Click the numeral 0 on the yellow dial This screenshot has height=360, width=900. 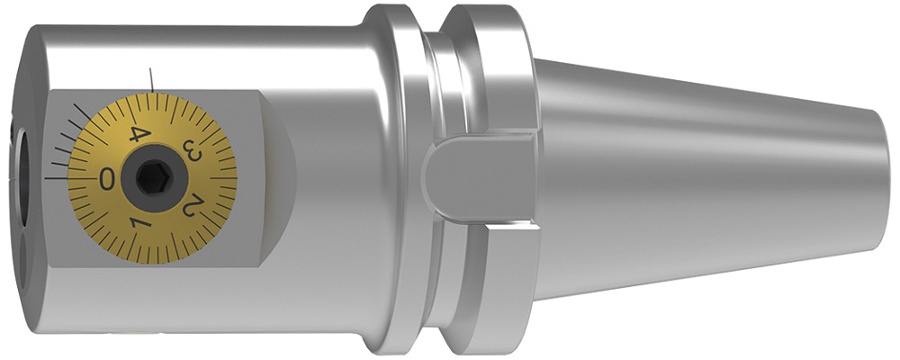[x=107, y=178]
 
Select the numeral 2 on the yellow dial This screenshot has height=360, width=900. [x=191, y=207]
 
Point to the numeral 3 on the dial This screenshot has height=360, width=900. [x=192, y=149]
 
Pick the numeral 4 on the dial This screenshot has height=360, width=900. [x=138, y=135]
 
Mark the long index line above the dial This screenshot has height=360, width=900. [x=155, y=78]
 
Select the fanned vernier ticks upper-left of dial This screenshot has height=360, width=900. [x=67, y=135]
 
